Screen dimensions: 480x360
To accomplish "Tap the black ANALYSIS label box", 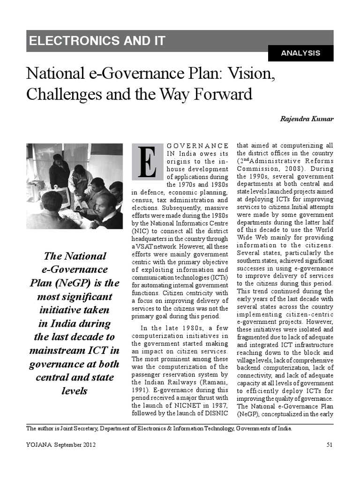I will click(300, 53).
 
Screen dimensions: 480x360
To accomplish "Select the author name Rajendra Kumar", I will click(307, 119).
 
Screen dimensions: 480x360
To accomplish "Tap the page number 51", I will click(330, 445).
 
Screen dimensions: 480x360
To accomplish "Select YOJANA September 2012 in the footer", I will click(61, 445).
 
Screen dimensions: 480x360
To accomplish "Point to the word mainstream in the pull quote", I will click(54, 350).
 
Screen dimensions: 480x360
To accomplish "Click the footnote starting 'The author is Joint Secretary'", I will click(159, 428).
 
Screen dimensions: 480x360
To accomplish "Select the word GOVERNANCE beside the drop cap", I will click(198, 146).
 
